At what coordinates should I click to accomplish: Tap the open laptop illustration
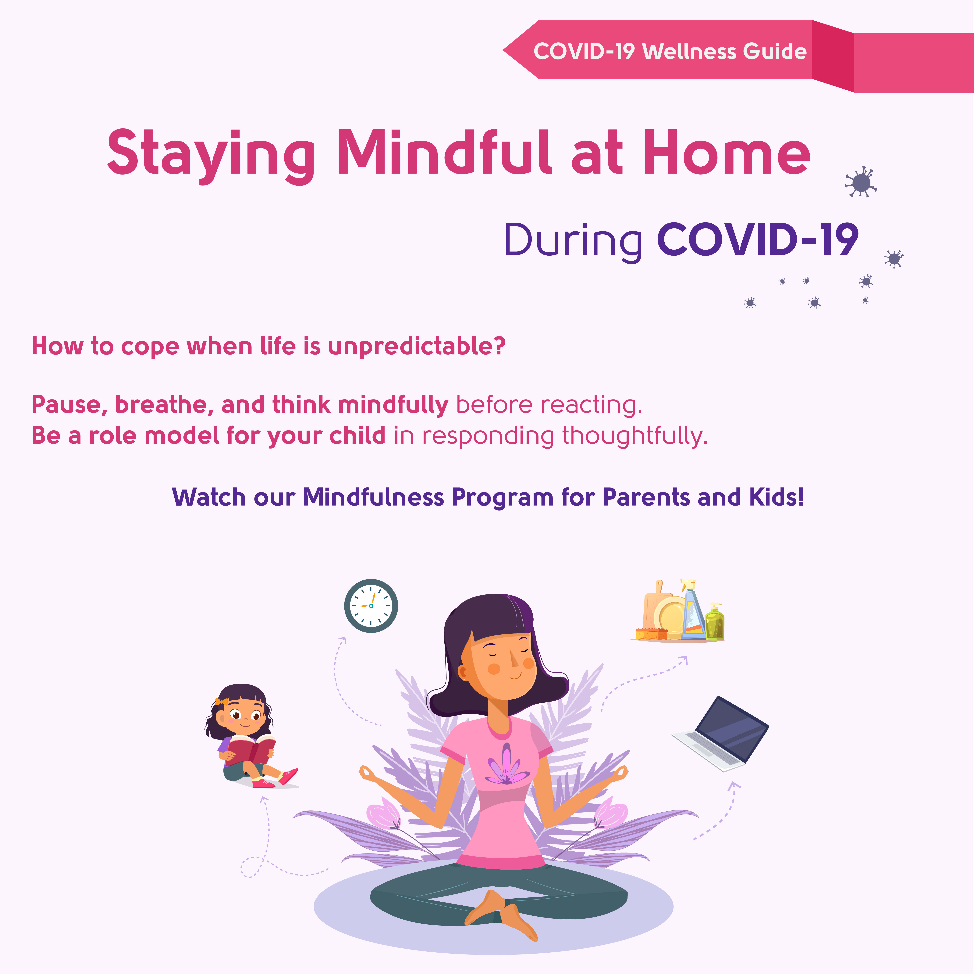click(x=721, y=734)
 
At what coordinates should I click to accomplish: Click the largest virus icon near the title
click(x=861, y=182)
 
